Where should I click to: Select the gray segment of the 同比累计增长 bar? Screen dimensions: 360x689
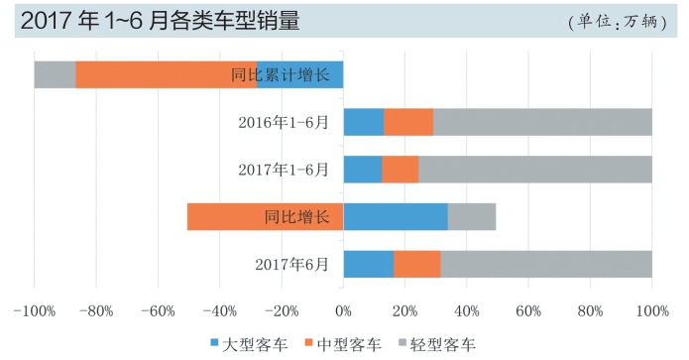coord(55,74)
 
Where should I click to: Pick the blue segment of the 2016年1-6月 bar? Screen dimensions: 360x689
coord(363,122)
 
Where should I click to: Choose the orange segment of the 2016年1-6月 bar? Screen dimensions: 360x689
coord(407,122)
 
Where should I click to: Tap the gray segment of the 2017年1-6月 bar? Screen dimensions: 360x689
coord(535,170)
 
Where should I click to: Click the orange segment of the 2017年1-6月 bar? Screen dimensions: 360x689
coord(400,170)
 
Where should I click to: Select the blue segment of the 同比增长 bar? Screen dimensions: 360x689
coord(395,216)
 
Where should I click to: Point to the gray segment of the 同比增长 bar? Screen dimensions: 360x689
coord(471,216)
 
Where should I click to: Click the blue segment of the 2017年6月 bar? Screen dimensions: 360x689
coord(368,264)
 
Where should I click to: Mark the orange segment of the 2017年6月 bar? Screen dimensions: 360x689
coord(416,264)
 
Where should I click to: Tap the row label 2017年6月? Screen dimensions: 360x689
coord(291,264)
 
